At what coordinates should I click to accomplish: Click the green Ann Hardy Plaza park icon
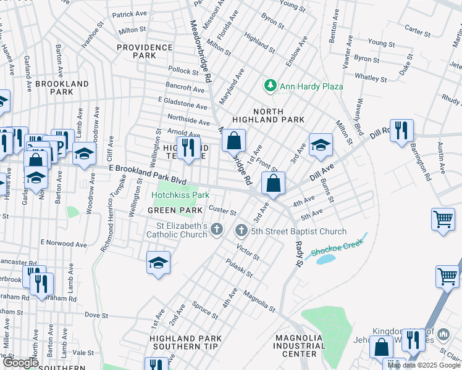point(269,86)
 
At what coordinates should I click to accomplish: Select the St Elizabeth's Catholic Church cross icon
point(216,230)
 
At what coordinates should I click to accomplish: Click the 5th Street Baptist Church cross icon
point(241,231)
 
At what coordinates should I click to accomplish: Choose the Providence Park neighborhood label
point(136,51)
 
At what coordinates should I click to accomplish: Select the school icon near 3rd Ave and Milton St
point(319,145)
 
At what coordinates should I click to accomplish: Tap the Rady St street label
point(296,252)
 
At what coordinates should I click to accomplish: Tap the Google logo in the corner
point(20,363)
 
